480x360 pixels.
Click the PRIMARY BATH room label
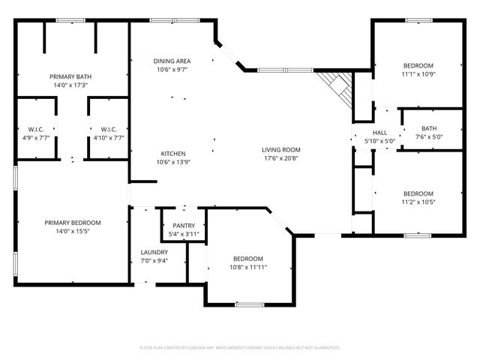point(70,76)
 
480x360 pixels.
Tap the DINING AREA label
point(172,61)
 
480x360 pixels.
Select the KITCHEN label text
point(172,153)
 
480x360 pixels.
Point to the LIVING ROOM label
point(281,149)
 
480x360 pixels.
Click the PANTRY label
point(184,225)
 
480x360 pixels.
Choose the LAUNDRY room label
point(154,252)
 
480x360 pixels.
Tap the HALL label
point(379,133)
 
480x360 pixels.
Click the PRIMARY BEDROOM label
point(72,223)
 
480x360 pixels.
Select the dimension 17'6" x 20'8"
point(281,158)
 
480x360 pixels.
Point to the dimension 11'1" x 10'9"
point(418,74)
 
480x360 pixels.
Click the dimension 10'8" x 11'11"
point(248,267)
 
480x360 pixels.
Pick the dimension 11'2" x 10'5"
point(418,202)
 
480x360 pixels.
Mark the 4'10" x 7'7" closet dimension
point(107,138)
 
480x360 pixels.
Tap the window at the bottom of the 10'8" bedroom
point(248,304)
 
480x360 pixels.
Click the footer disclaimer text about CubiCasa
point(240,348)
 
